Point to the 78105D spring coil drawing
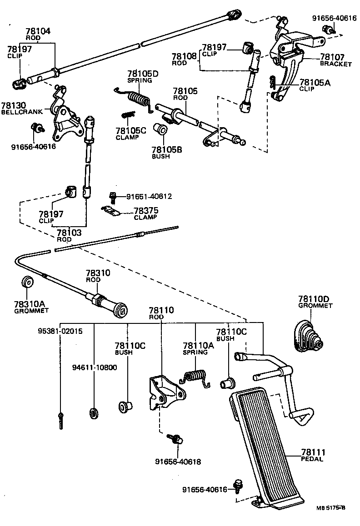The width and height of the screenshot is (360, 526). [137, 97]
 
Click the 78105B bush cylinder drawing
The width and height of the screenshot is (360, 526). [160, 130]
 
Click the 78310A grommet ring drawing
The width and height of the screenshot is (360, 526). [29, 282]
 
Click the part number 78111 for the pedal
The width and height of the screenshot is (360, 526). [313, 452]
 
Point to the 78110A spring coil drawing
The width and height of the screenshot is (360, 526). [196, 377]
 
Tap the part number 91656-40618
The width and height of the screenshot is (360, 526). [178, 461]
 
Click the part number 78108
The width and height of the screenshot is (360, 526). [184, 57]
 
